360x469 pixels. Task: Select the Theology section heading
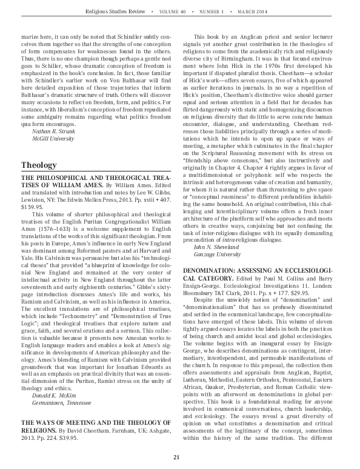point(39,164)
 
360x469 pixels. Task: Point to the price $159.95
point(34,207)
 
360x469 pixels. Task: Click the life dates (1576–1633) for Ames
point(46,228)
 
